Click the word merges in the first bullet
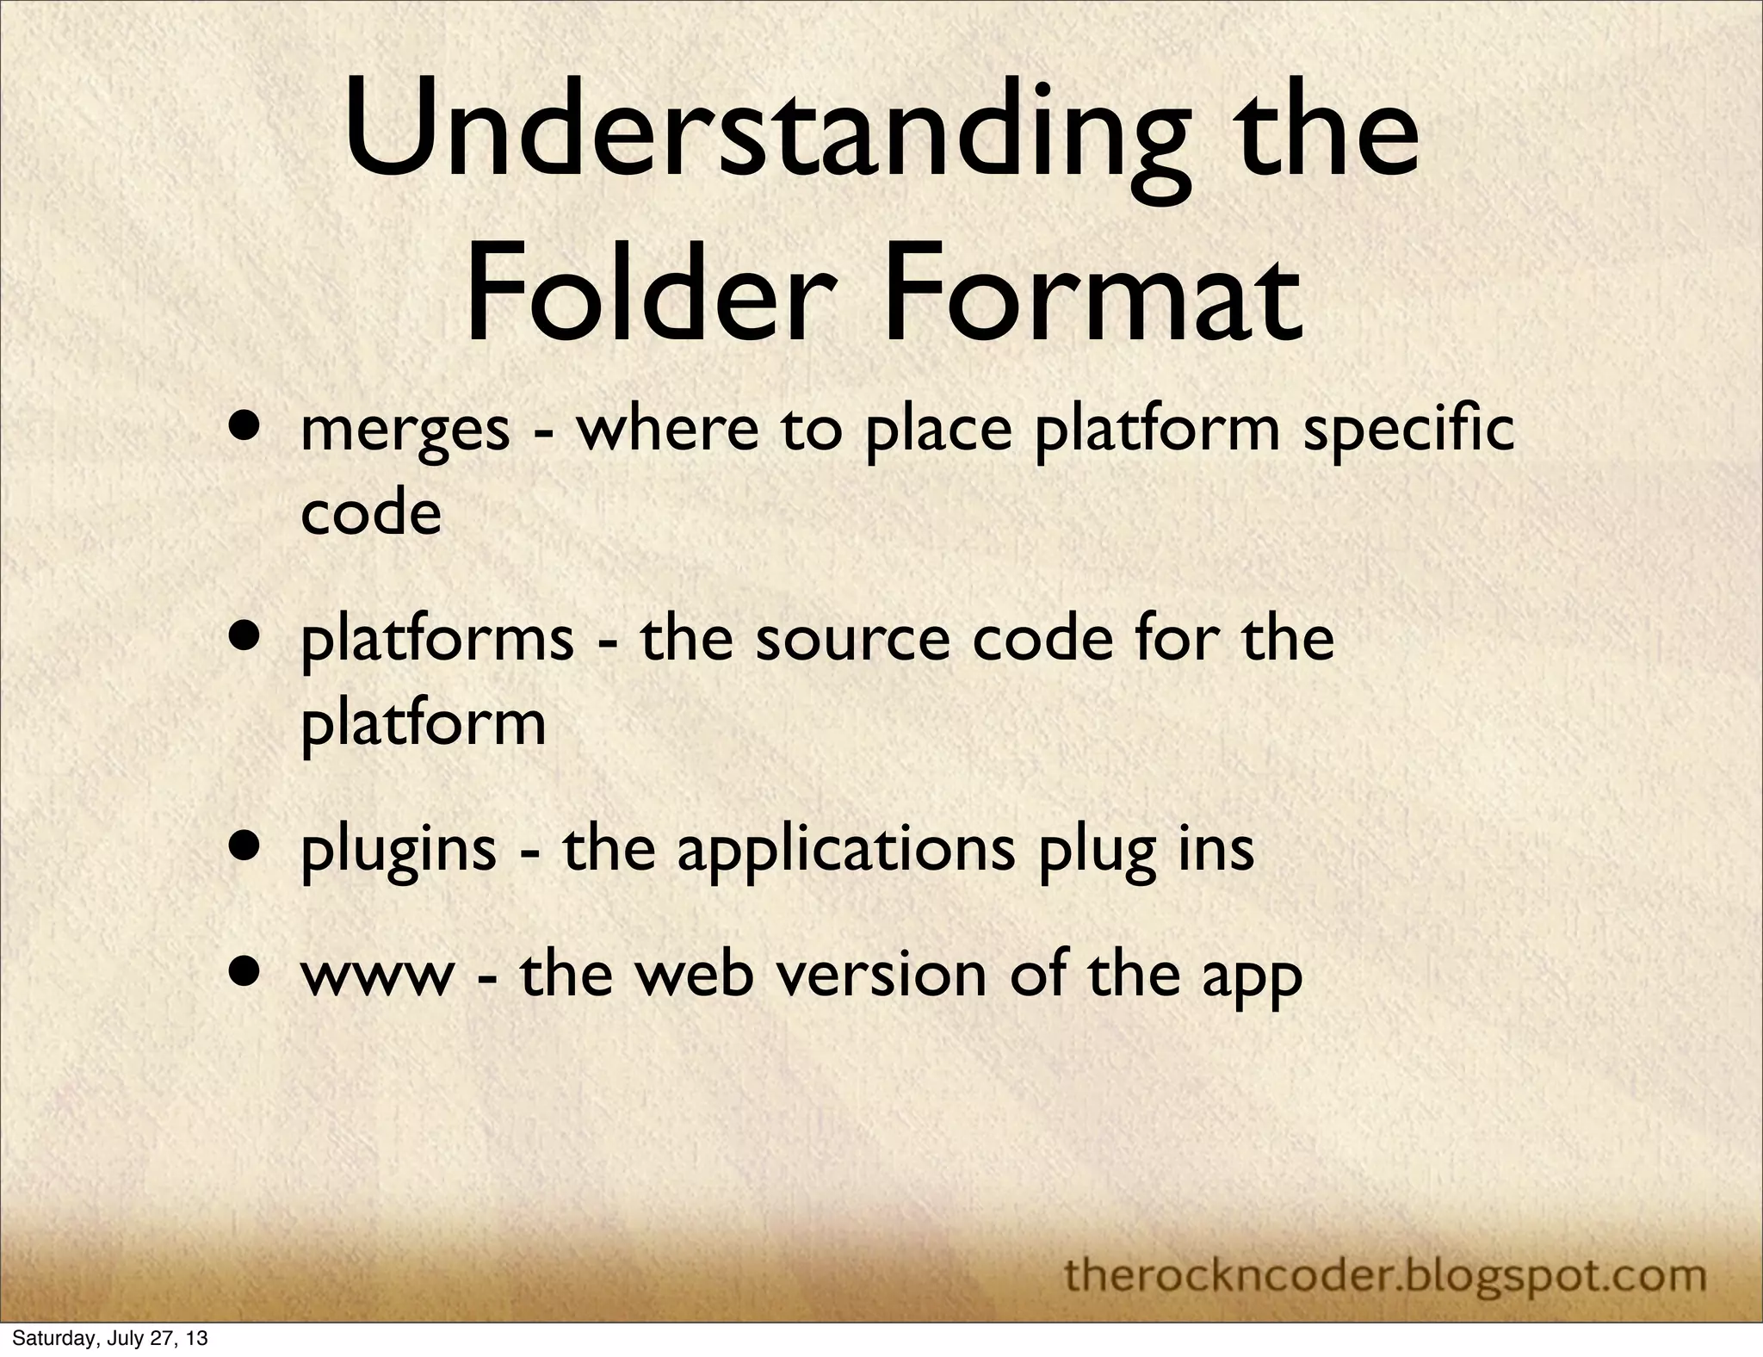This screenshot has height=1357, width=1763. [405, 431]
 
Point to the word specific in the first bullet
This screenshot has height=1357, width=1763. [1408, 431]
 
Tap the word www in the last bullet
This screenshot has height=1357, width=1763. [376, 976]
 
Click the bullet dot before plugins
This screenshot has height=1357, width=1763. [247, 846]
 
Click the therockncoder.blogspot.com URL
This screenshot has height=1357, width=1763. [1384, 1249]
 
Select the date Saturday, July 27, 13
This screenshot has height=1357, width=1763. [109, 1340]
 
